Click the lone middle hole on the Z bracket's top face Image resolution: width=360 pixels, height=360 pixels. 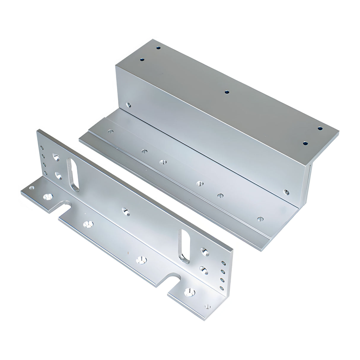pos(227,92)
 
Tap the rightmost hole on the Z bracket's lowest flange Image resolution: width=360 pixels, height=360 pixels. pos(260,219)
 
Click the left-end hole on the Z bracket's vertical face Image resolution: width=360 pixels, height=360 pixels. pos(128,105)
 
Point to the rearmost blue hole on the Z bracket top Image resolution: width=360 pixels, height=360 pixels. pos(158,47)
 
